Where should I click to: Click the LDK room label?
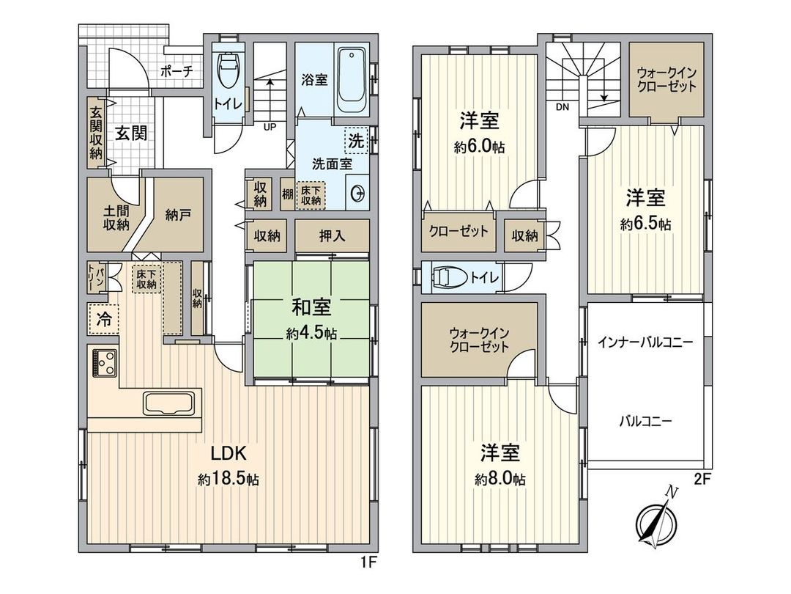coord(228,451)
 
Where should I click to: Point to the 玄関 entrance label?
coord(131,133)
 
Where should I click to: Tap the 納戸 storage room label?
coord(179,215)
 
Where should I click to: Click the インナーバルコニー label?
coord(645,342)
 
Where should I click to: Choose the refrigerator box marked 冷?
coord(103,318)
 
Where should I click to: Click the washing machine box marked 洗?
coord(355,139)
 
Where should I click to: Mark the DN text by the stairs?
coord(562,107)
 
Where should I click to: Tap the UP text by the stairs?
coord(270,126)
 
